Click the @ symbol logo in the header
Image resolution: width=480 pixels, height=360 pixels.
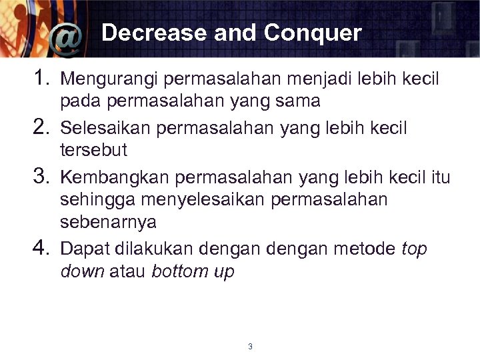[x=67, y=41]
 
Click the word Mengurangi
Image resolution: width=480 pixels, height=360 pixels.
[x=109, y=80]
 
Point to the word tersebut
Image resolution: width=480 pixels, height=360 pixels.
[x=93, y=150]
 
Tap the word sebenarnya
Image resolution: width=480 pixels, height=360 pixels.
[x=108, y=222]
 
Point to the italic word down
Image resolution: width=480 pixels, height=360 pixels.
[x=82, y=271]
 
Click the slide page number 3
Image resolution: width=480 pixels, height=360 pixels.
[x=249, y=347]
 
